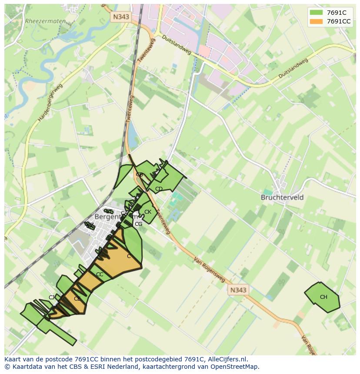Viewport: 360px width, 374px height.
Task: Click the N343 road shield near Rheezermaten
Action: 120,17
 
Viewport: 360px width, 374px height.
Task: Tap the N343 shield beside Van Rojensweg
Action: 238,290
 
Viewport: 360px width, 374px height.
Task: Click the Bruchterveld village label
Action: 282,197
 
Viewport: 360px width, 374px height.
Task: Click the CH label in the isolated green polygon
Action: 323,297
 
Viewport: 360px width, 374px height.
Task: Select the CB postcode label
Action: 140,175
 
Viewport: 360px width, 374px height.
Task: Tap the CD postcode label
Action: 159,189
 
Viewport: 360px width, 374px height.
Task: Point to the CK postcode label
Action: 148,212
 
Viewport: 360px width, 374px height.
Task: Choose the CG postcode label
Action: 138,224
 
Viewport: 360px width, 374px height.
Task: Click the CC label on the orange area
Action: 100,275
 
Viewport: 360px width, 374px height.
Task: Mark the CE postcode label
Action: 77,299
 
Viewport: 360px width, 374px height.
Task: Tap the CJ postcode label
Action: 52,298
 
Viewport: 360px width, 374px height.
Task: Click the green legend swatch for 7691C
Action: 316,13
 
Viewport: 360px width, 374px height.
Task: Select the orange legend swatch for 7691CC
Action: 316,21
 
